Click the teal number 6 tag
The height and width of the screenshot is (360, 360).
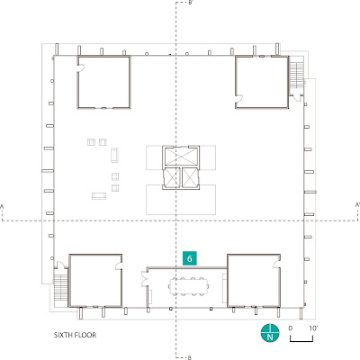[x=190, y=258]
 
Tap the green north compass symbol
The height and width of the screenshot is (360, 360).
[x=270, y=333]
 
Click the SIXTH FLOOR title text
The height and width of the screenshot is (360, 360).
[x=75, y=335]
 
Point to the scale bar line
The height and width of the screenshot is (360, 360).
[x=301, y=341]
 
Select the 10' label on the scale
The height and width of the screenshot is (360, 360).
[x=313, y=328]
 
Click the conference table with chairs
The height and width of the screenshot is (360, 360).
[x=189, y=287]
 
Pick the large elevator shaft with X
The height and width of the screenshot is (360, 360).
[x=181, y=157]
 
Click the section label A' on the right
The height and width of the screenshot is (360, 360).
[x=357, y=205]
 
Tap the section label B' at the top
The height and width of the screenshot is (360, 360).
[x=191, y=3]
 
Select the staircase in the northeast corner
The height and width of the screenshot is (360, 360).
[x=296, y=73]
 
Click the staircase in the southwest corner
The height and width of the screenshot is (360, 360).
[x=61, y=287]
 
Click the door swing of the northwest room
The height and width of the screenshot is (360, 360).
[x=81, y=68]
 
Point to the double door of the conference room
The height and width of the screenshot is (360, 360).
[x=144, y=278]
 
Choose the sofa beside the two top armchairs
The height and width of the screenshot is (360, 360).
[x=114, y=155]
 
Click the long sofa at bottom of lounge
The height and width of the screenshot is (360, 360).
[x=99, y=196]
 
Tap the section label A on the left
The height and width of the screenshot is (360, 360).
[x=2, y=206]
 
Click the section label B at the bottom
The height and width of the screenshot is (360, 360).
[x=190, y=357]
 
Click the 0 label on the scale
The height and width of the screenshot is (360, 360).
[x=291, y=328]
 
